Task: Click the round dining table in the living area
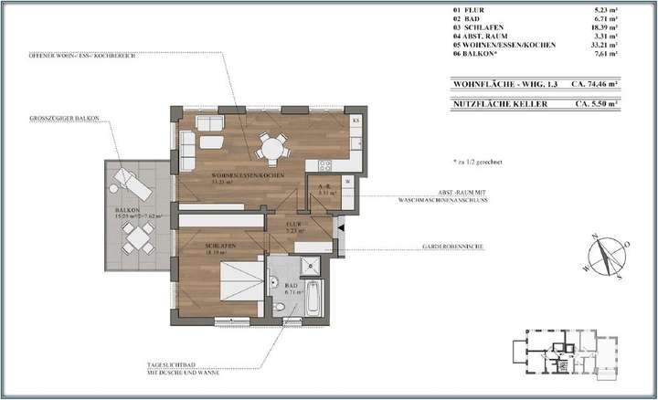(x=270, y=146)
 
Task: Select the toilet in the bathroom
(x=278, y=308)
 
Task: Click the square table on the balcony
(x=139, y=238)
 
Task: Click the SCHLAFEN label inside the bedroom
(x=221, y=247)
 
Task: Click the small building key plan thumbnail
(x=558, y=352)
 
